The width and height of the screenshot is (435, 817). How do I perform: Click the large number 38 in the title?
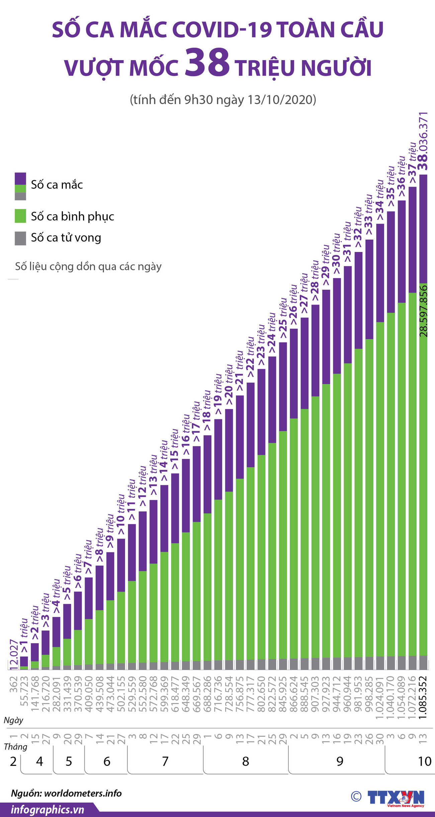(x=207, y=62)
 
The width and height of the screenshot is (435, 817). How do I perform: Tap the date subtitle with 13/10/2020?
(x=223, y=100)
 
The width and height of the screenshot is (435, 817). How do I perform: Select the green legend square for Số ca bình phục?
(x=20, y=216)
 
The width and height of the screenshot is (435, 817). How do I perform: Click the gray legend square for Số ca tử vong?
(x=20, y=238)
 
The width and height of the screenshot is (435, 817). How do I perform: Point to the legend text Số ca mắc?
(x=57, y=185)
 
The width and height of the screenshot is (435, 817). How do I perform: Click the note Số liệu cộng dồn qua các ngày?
(x=88, y=266)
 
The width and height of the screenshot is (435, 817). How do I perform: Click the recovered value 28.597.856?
(x=424, y=311)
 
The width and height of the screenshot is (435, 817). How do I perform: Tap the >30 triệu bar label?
(x=336, y=254)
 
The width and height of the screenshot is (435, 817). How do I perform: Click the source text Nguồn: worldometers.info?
(x=66, y=793)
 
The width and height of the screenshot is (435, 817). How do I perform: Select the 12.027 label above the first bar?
(x=13, y=655)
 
